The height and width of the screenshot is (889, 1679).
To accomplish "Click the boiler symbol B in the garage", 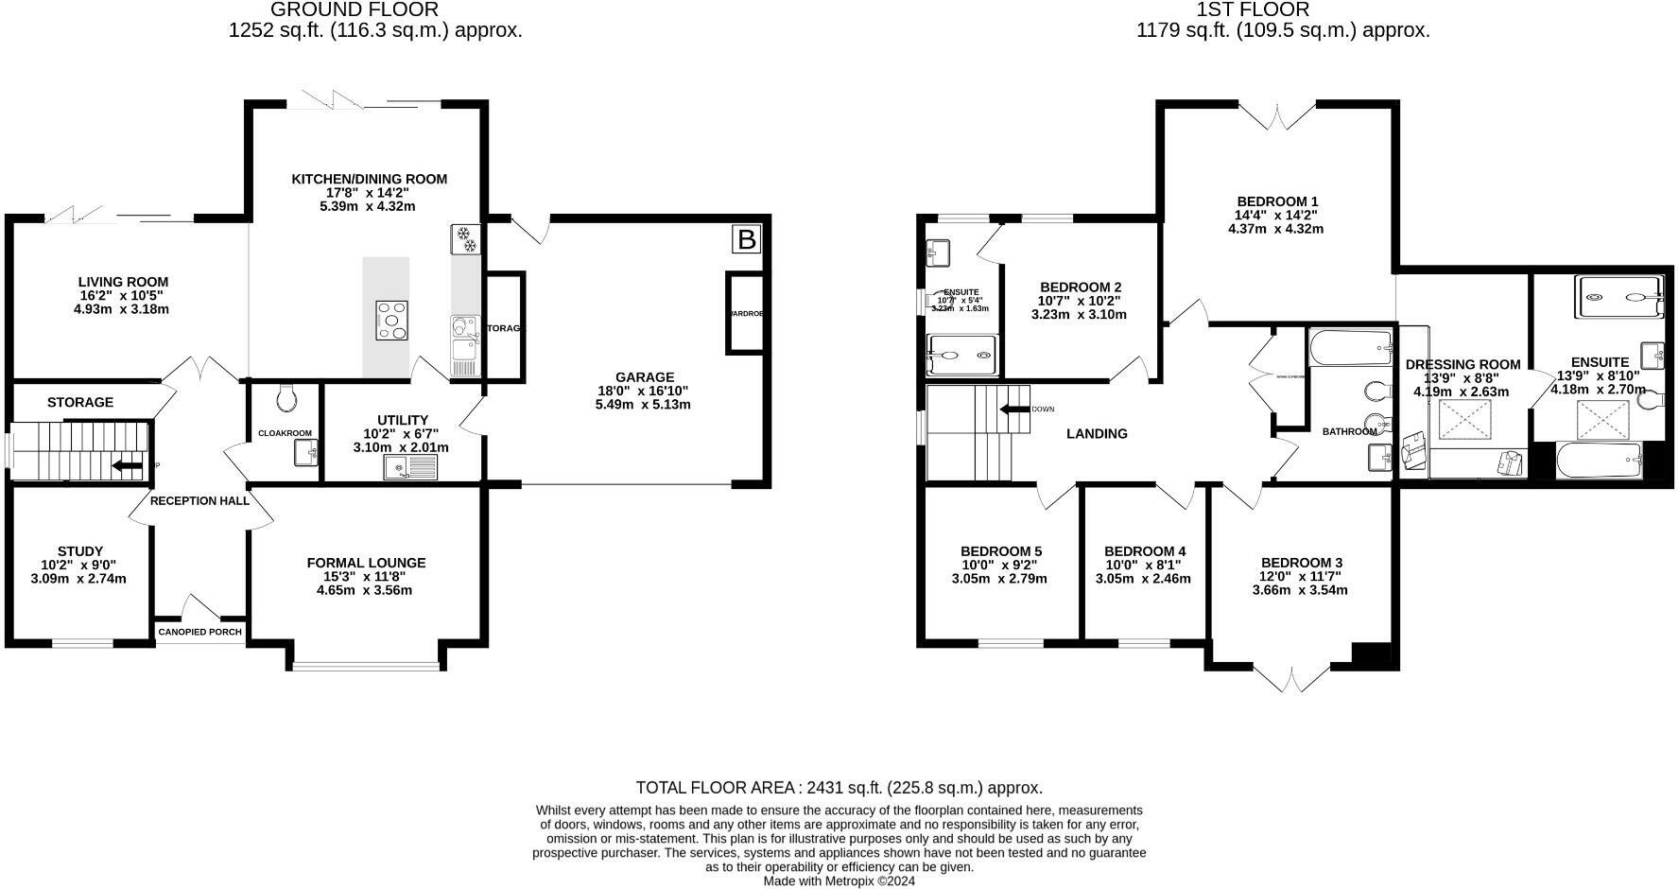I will (x=746, y=240).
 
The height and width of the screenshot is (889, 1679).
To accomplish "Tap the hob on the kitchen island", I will (x=392, y=320).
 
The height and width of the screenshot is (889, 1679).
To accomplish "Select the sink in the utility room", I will (x=410, y=467).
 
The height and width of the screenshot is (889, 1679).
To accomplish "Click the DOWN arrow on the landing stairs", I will (x=1016, y=410).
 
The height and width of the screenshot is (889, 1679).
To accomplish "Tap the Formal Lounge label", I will (x=366, y=563).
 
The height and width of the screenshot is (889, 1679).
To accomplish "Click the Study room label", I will (x=80, y=551).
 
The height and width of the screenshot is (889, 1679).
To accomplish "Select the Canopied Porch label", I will (x=199, y=632).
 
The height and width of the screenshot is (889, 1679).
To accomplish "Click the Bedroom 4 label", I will (x=1144, y=551).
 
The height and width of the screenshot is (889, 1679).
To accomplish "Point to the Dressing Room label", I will (x=1463, y=364).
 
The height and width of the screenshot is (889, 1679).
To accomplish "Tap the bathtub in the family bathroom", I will (x=1350, y=348).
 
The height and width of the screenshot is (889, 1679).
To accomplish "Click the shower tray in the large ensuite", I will (x=1618, y=297).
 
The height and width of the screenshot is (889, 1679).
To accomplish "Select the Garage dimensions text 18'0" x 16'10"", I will (x=643, y=391).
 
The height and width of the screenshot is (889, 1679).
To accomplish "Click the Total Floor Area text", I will (x=839, y=787).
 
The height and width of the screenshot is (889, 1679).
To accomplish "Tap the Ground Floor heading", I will (x=354, y=9).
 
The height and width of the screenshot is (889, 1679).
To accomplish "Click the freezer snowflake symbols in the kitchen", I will (x=465, y=238).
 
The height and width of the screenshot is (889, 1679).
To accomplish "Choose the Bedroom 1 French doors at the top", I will (x=1277, y=117).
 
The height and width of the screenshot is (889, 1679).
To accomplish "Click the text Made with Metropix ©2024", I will (x=839, y=880).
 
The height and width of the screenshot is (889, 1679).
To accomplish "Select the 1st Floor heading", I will (x=1253, y=9).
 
